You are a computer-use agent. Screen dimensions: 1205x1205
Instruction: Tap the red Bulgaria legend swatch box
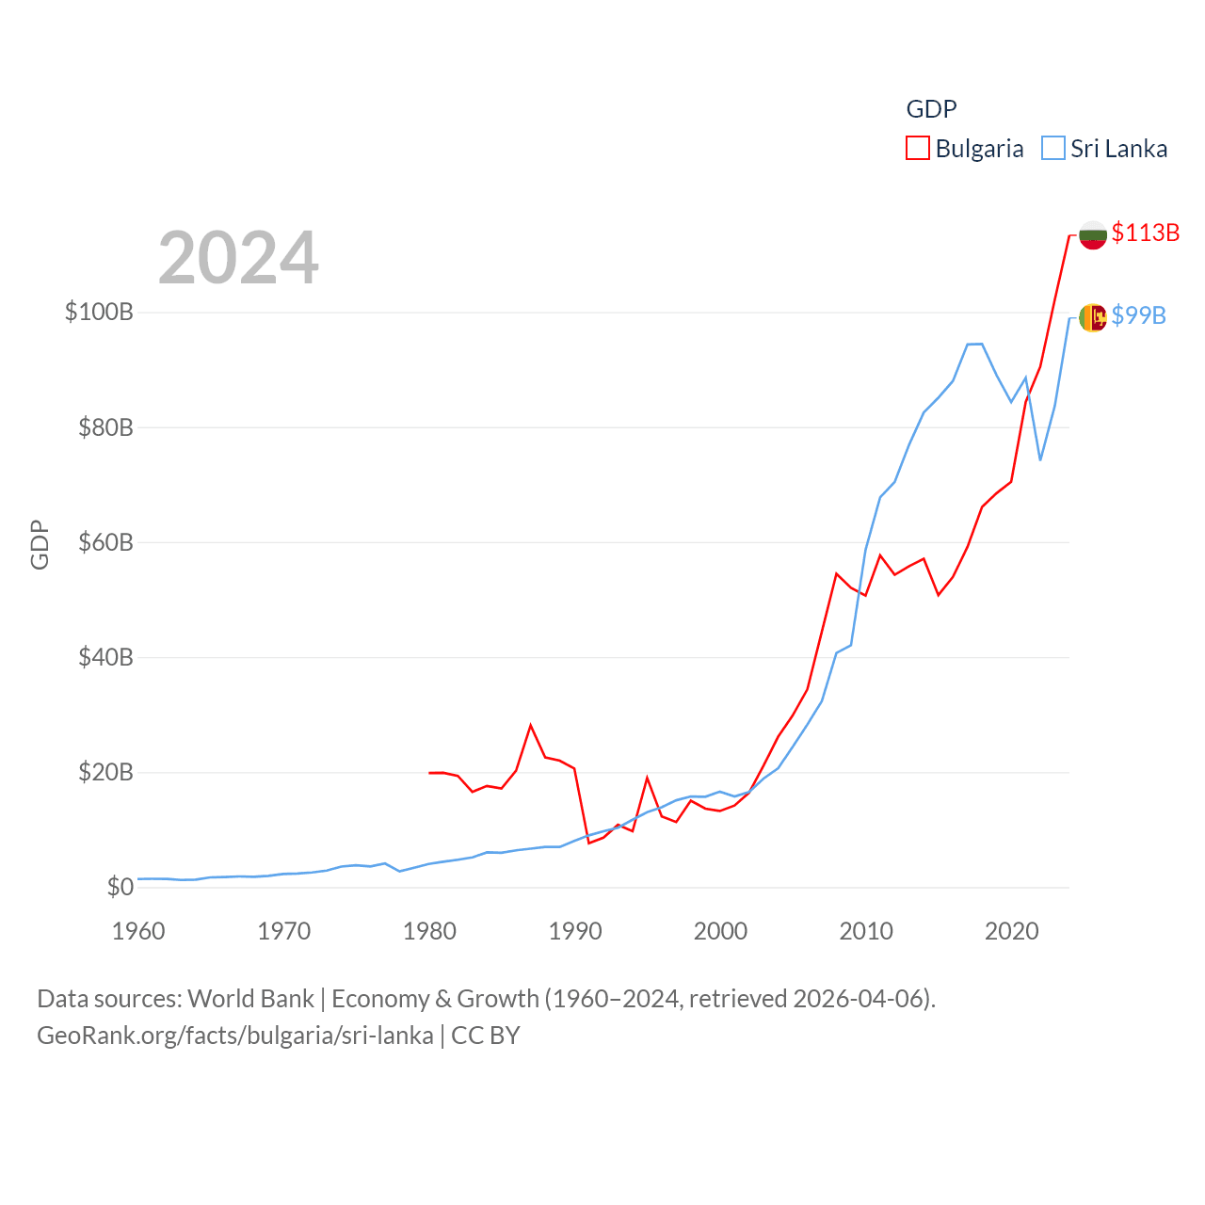pos(918,149)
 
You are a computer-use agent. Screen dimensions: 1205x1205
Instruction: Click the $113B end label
pos(1145,233)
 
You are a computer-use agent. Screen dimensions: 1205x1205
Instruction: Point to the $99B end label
pos(1138,315)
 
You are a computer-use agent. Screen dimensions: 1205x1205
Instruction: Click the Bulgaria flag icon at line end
pos(1093,235)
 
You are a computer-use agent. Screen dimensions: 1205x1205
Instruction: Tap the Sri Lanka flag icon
pos(1093,317)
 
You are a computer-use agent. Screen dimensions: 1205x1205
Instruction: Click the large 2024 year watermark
pos(238,258)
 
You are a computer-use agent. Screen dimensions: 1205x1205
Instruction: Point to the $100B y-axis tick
pos(99,312)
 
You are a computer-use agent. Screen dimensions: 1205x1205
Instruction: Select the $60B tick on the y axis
pos(105,542)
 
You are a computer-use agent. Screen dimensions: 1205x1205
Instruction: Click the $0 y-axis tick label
pos(120,887)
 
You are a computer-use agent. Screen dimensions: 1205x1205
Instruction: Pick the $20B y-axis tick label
pos(105,773)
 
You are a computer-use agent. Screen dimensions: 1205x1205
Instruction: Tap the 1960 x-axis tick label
pos(138,931)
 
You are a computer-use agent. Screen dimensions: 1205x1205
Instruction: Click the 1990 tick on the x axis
pos(575,931)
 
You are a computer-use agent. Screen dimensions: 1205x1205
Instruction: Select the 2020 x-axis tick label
pos(1012,931)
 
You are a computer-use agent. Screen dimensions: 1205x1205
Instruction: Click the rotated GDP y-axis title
pos(40,544)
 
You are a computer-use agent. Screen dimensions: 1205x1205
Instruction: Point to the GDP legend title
pos(931,109)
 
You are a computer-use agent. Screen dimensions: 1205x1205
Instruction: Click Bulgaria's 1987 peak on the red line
pos(531,725)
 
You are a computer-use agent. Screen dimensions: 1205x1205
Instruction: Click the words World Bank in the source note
pos(250,999)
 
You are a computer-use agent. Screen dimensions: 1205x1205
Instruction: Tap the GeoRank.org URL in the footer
pos(235,1036)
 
